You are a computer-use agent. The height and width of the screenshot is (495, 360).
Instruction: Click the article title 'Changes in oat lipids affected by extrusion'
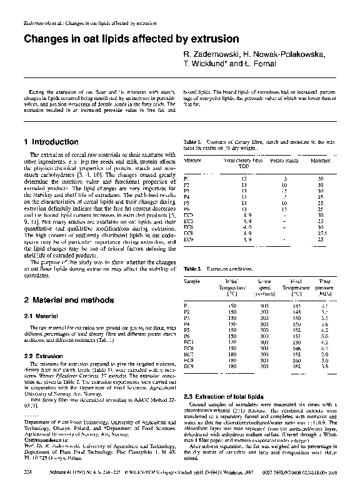pos(122,39)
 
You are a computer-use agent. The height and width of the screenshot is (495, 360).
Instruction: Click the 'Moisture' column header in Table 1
pos(321,161)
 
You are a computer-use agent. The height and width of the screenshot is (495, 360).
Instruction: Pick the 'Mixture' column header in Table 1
pos(192,161)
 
